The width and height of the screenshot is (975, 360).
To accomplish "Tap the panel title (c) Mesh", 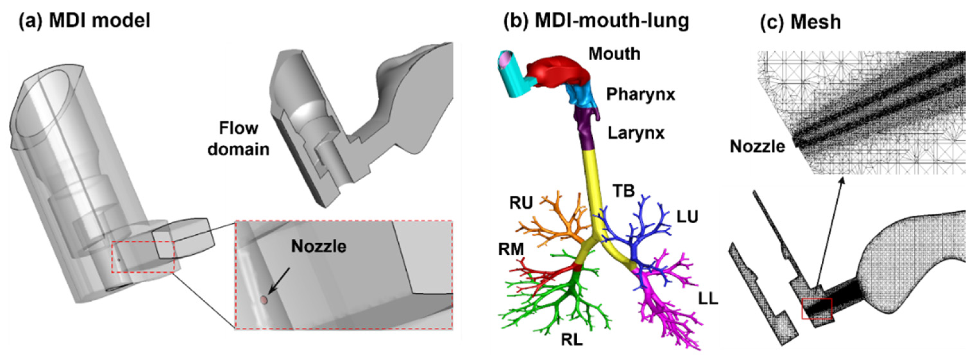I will point(801,22).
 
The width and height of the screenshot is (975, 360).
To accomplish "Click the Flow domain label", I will point(238,139).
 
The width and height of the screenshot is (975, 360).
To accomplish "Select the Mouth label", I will point(614,54).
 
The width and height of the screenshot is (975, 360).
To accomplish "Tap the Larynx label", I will point(636,133).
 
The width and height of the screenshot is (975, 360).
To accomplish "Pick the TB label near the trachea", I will point(623,191).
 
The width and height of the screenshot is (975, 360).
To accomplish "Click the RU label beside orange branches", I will point(521,203).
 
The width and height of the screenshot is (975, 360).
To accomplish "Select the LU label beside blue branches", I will point(687,217).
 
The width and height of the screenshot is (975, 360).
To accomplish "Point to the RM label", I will point(511,249).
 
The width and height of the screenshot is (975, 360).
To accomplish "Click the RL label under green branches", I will point(572,340).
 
